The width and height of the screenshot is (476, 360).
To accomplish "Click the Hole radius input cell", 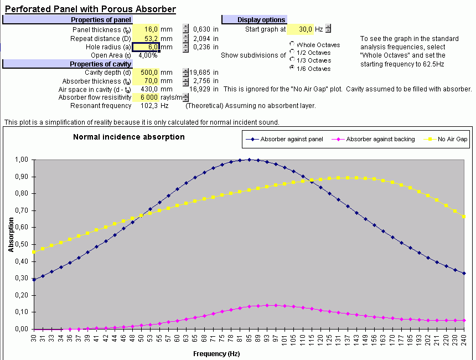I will click(x=146, y=47).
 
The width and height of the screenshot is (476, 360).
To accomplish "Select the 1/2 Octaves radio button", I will click(x=292, y=52).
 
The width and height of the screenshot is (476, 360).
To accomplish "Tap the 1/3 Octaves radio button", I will click(x=292, y=60).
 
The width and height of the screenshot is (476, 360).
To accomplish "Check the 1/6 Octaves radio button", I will click(x=292, y=68).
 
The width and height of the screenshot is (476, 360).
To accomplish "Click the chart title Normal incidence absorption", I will click(x=129, y=137).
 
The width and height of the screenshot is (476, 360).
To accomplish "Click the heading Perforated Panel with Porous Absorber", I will click(x=90, y=9).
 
